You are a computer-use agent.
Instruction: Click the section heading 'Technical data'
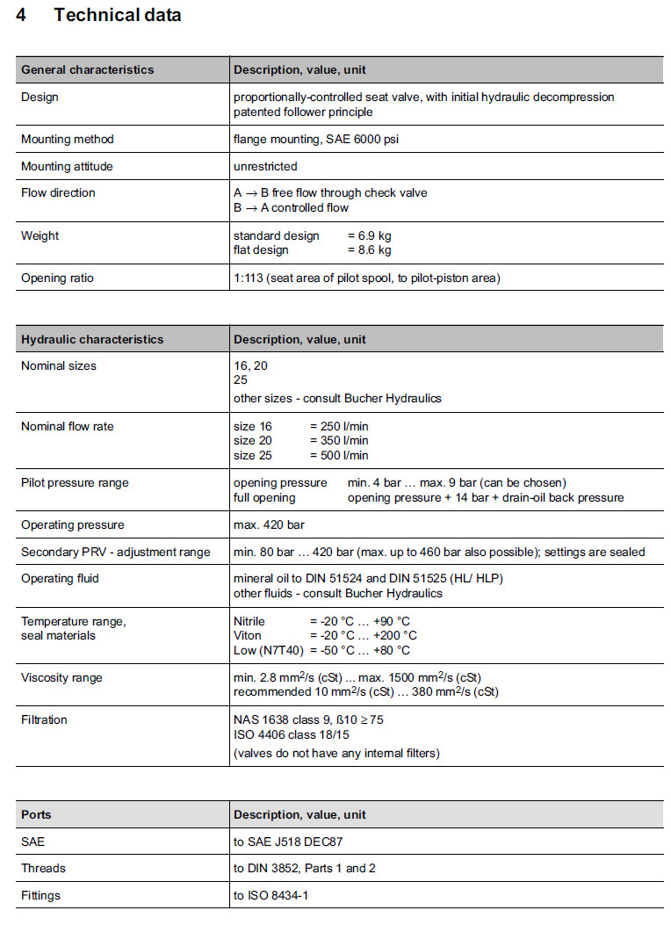[117, 15]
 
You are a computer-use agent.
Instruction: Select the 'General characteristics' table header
[87, 69]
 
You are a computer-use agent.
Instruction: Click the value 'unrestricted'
[265, 166]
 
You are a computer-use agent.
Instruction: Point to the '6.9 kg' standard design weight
[370, 235]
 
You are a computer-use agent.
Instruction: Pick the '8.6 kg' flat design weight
[370, 249]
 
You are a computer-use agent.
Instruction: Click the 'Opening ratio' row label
[57, 278]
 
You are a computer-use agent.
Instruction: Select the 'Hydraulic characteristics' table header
[92, 339]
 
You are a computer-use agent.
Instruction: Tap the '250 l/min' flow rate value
[339, 426]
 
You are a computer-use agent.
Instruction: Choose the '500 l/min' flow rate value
[339, 455]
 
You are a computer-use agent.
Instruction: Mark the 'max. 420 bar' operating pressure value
[269, 524]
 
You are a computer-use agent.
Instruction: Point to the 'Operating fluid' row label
[60, 578]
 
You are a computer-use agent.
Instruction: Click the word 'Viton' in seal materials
[248, 635]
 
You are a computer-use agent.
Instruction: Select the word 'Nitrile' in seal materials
[249, 621]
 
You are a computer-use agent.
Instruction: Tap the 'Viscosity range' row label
[61, 677]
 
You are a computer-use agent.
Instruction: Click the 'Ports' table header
[36, 814]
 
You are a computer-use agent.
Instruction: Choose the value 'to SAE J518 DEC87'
[287, 841]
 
